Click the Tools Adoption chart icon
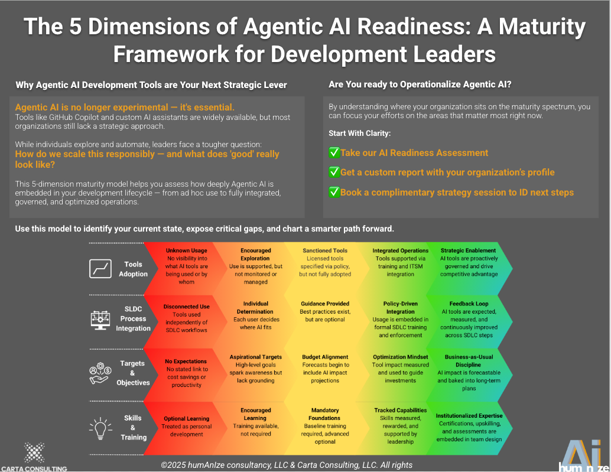[x=100, y=269]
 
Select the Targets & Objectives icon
[x=100, y=372]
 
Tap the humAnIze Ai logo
[x=581, y=455]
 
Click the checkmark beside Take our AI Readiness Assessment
[x=334, y=153]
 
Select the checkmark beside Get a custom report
[x=334, y=172]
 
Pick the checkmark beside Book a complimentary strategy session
[x=334, y=192]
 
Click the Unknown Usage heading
[x=187, y=250]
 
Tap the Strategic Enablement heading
[x=469, y=250]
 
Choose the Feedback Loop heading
[x=469, y=304]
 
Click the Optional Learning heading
[x=187, y=419]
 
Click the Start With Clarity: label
[x=359, y=134]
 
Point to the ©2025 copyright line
[x=287, y=465]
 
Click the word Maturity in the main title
[x=528, y=27]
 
